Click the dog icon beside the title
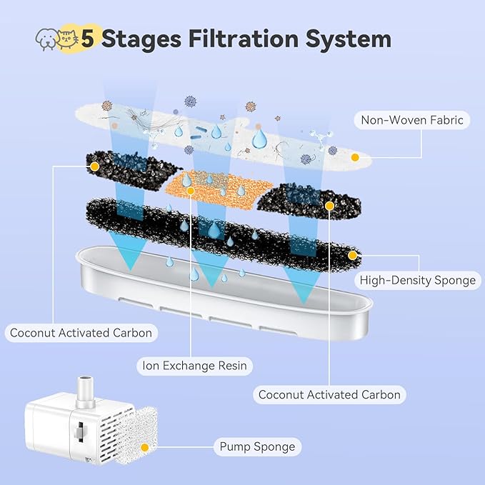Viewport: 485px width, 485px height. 46,41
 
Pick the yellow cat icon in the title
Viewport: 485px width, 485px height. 69,39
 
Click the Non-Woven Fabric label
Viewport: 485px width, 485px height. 412,121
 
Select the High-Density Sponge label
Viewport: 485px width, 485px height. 418,280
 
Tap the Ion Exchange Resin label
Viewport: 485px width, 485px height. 194,366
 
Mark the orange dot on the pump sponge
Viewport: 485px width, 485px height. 145,448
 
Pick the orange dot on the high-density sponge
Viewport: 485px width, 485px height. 352,254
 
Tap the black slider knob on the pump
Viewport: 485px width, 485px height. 77,431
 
